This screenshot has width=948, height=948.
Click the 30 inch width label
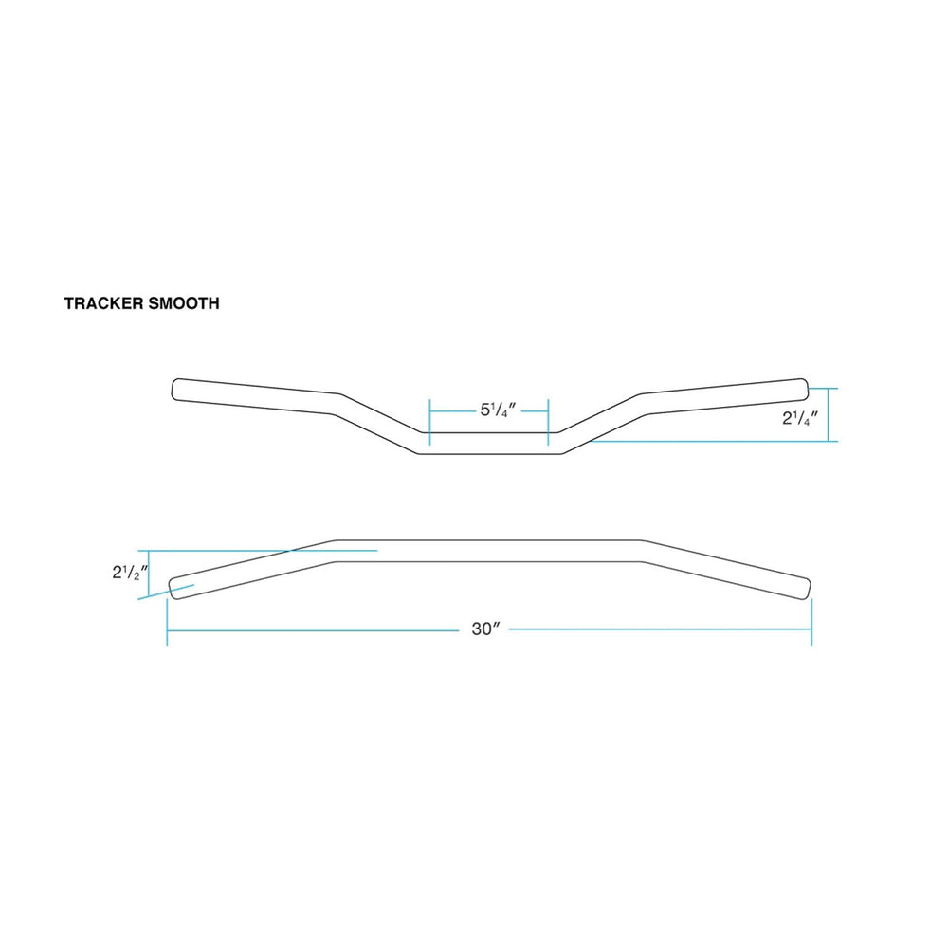tap(485, 629)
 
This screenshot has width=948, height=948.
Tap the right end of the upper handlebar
tap(802, 389)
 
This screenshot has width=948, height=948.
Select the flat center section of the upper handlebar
tap(489, 444)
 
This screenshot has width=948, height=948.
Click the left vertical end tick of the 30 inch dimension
tap(167, 629)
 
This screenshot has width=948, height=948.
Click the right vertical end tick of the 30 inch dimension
tap(811, 629)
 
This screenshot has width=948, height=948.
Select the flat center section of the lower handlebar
tap(489, 551)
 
